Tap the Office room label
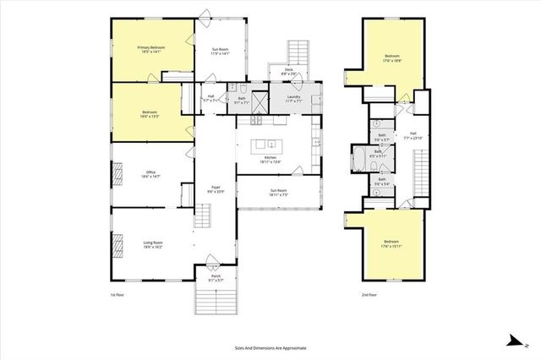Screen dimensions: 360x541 150,175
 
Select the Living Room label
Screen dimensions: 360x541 151,245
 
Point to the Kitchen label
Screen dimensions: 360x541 270,160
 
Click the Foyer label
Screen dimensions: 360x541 216,189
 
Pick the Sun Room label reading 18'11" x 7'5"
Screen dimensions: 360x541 277,194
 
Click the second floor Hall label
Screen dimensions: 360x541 413,134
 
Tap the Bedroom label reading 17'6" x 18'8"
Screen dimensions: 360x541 391,59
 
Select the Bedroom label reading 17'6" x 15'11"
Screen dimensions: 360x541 391,245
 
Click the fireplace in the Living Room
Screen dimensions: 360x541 117,246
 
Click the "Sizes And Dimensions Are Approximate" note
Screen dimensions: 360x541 270,347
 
